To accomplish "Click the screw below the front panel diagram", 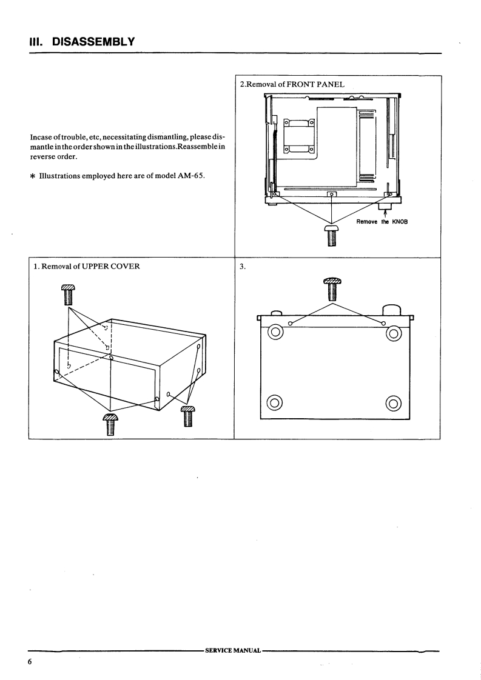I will tap(332, 234).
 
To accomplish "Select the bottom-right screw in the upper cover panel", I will tap(188, 416).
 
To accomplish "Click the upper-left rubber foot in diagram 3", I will tap(275, 332).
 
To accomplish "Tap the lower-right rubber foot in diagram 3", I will tap(394, 402).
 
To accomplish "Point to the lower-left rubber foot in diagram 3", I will tap(275, 402).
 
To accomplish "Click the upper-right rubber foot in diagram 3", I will tap(394, 332).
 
